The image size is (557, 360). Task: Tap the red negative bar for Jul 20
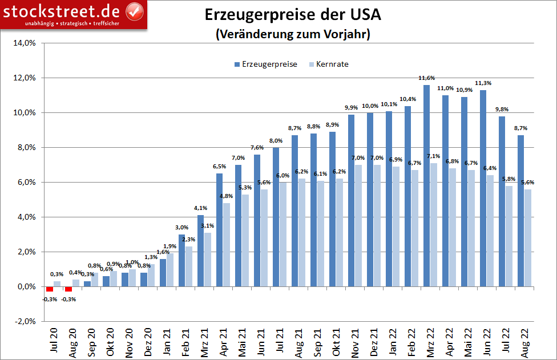click(x=50, y=289)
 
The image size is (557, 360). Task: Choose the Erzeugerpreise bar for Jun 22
click(x=483, y=188)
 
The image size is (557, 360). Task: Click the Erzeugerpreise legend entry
click(x=265, y=64)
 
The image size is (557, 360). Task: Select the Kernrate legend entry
click(x=328, y=64)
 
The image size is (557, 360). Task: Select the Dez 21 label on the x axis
click(x=374, y=343)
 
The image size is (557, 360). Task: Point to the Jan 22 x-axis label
click(x=393, y=343)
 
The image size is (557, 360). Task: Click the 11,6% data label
click(x=426, y=78)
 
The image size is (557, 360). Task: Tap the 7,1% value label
click(x=433, y=156)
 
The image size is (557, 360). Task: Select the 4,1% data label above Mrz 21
click(x=200, y=208)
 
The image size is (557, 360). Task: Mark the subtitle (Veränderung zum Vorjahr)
click(x=293, y=34)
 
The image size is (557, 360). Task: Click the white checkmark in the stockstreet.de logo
click(x=134, y=10)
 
